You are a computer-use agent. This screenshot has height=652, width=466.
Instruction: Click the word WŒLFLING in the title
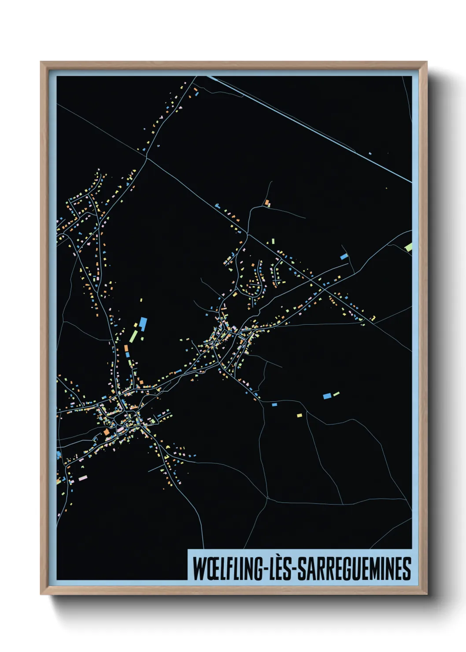[228, 569]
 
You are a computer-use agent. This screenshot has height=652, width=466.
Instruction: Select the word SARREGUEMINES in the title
[355, 569]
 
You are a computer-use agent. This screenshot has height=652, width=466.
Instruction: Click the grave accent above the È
[277, 559]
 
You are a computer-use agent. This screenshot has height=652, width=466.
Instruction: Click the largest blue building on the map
[143, 324]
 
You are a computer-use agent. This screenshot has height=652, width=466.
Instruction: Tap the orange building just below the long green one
[126, 348]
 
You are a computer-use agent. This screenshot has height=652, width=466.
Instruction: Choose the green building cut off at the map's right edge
[409, 247]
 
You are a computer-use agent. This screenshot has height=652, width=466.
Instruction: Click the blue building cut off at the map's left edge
[59, 454]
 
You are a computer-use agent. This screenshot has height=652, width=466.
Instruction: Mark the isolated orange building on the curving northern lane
[267, 203]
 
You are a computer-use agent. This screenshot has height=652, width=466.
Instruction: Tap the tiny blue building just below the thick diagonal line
[370, 153]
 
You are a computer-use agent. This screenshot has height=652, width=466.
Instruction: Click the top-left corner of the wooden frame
[41, 63]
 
